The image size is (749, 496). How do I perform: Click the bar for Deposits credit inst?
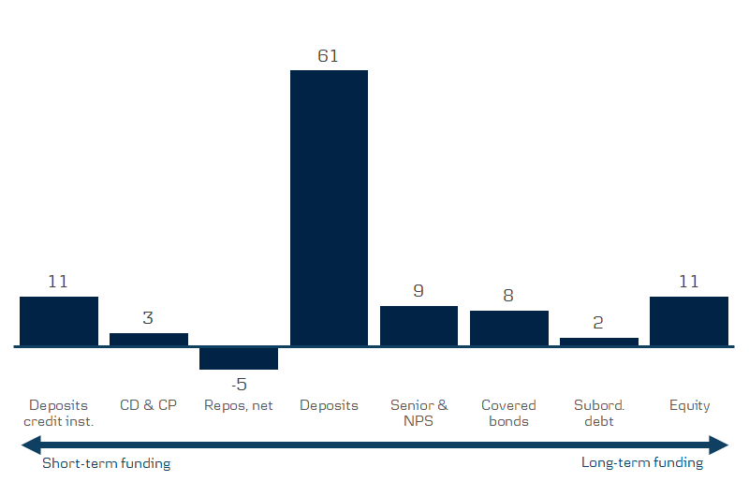pyautogui.click(x=59, y=321)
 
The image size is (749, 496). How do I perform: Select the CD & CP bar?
pyautogui.click(x=149, y=340)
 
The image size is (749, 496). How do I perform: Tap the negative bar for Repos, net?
pyautogui.click(x=239, y=358)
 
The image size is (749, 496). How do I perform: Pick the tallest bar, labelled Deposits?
pyautogui.click(x=329, y=208)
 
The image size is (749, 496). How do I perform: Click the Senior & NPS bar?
pyautogui.click(x=419, y=326)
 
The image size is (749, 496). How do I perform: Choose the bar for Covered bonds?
pyautogui.click(x=508, y=328)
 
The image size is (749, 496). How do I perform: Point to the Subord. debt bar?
pyautogui.click(x=598, y=343)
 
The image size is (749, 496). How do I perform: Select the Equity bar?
pyautogui.click(x=688, y=321)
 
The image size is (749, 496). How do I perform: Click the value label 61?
pyautogui.click(x=328, y=56)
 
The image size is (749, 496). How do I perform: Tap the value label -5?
pyautogui.click(x=238, y=384)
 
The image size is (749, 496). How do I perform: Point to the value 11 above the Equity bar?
pyautogui.click(x=688, y=282)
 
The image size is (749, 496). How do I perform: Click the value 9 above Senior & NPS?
pyautogui.click(x=419, y=291)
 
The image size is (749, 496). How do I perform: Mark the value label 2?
pyautogui.click(x=598, y=323)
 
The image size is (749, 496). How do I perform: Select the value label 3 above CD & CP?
pyautogui.click(x=148, y=318)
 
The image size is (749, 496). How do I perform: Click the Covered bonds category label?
pyautogui.click(x=508, y=413)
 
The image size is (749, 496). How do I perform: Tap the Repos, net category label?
pyautogui.click(x=239, y=405)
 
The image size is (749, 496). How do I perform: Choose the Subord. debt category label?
pyautogui.click(x=598, y=413)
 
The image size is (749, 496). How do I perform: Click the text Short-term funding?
pyautogui.click(x=107, y=463)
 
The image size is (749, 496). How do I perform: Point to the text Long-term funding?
pyautogui.click(x=641, y=463)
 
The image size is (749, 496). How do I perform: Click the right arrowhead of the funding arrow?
pyautogui.click(x=720, y=445)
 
